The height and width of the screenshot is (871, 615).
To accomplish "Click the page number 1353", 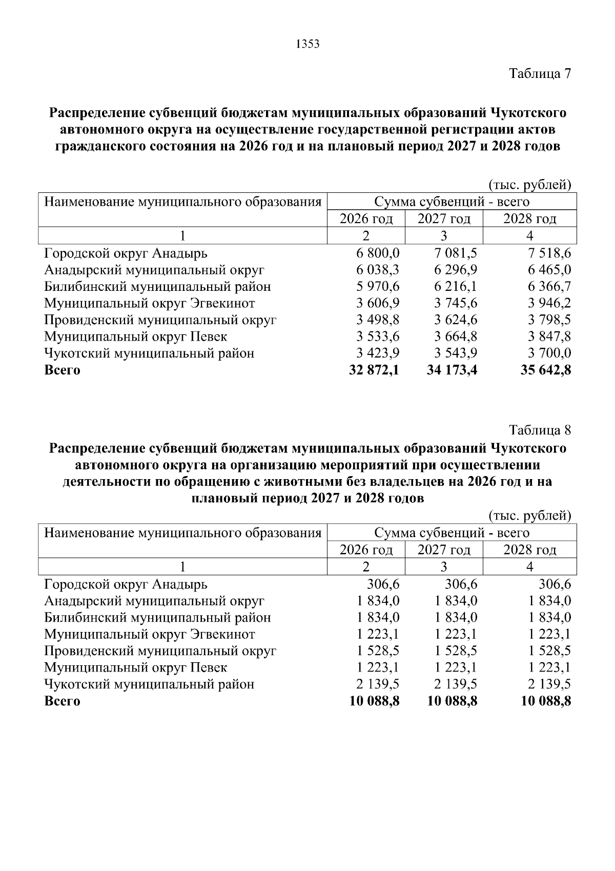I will coord(307,44).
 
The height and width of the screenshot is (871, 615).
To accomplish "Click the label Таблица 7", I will coord(539,73).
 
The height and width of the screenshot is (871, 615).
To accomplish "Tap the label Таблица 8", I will coord(539,430).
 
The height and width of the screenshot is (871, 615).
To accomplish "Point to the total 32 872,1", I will coord(374,370).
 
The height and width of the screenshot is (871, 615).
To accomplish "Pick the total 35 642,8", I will coord(545,370).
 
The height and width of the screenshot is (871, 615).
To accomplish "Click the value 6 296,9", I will coord(456,270).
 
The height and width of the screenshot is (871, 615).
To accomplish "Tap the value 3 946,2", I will coord(549,303).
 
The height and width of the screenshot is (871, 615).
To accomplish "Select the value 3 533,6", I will coord(378,336).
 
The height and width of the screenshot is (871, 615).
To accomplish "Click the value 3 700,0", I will coord(549,353).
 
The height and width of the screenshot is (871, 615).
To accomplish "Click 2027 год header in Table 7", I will coord(444,219).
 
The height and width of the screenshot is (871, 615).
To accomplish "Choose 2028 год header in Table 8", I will coord(529,550).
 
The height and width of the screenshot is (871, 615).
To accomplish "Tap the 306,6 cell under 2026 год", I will coord(383,584).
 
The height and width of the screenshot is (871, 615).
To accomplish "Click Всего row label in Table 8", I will coord(62,701).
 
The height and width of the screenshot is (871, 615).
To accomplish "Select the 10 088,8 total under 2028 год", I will coord(545,701).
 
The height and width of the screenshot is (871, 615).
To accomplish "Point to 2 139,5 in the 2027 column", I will coord(456,684).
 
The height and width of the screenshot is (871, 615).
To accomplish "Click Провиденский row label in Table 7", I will coord(160,320).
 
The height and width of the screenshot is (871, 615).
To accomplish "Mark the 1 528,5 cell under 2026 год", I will coord(378,651).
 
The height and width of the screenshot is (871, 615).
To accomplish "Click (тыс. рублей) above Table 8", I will coord(529,515).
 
